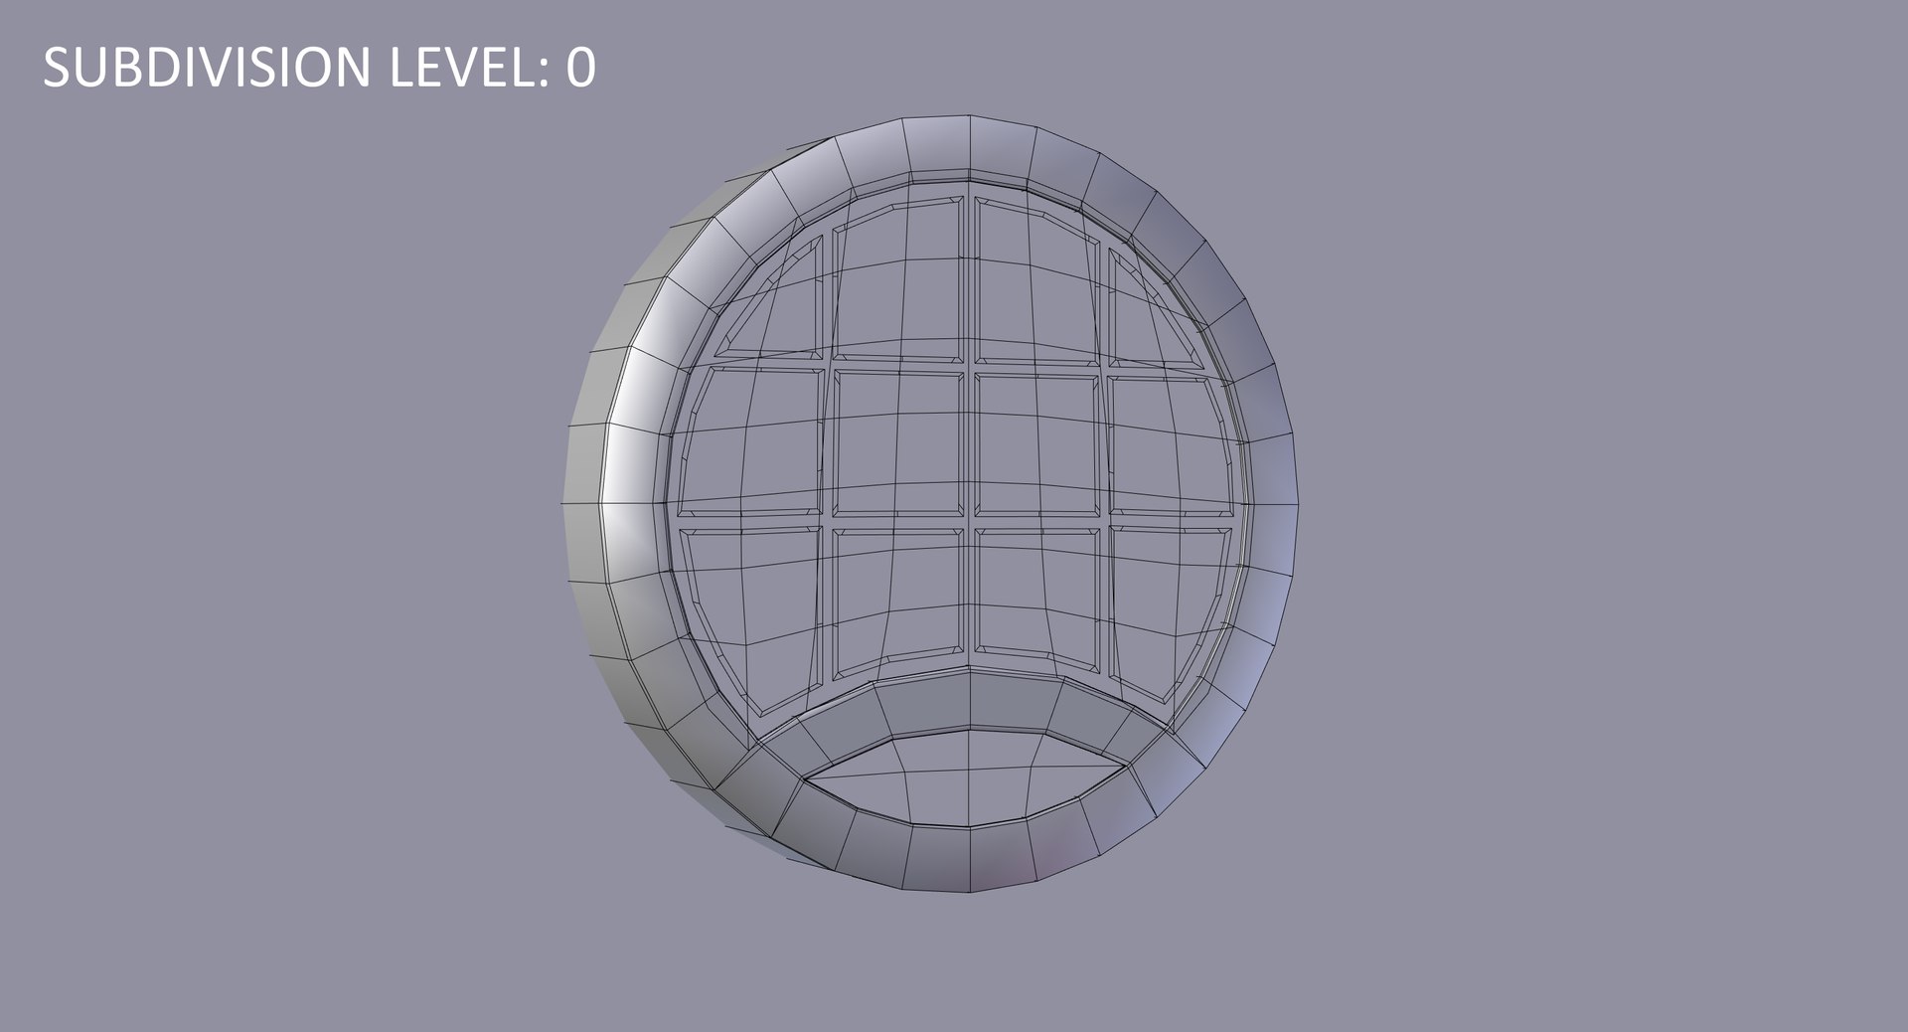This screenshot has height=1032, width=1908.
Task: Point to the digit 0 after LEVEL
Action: pyautogui.click(x=581, y=68)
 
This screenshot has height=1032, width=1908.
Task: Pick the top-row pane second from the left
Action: pyautogui.click(x=898, y=277)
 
